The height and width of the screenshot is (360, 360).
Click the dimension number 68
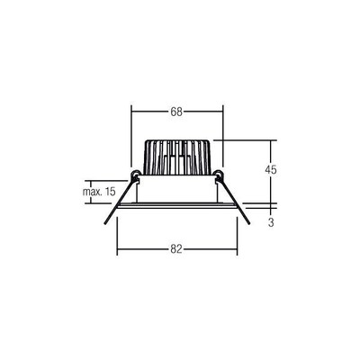click(176, 112)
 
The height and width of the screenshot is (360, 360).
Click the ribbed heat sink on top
click(176, 157)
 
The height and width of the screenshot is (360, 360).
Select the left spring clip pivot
click(135, 173)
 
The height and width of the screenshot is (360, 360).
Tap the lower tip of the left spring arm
click(103, 227)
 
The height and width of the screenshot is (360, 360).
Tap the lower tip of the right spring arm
click(251, 227)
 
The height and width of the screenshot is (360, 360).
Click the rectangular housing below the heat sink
click(176, 189)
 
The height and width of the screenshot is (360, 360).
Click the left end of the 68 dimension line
click(132, 112)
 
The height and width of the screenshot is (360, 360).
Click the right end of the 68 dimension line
click(221, 112)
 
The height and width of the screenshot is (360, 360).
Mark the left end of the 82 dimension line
click(118, 247)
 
